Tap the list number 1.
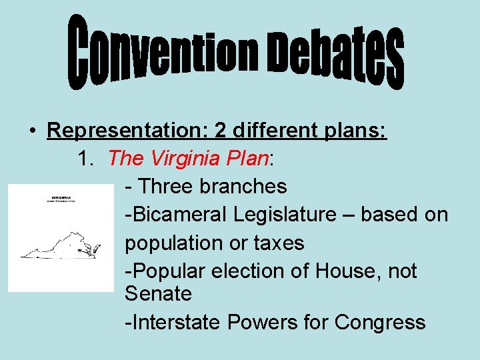[84, 159]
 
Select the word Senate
[158, 294]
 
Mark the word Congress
[380, 323]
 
